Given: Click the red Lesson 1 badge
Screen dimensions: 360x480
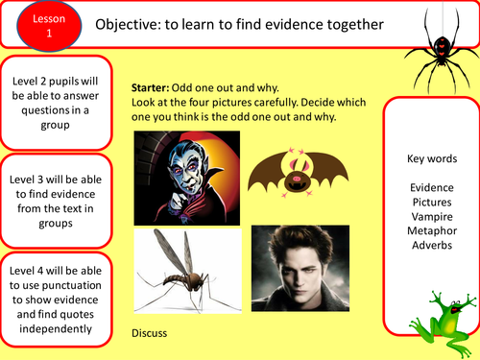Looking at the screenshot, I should click(x=32, y=24).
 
